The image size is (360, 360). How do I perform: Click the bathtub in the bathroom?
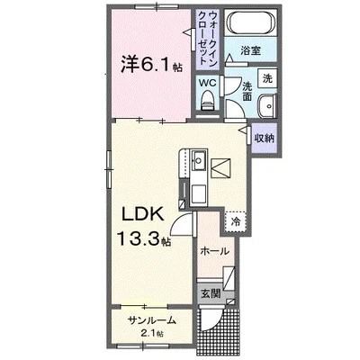251,22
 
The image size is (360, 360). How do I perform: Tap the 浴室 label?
250,50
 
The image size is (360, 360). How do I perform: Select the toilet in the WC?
207,101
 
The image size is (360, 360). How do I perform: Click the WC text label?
208,83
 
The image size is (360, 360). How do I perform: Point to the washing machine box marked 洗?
267,78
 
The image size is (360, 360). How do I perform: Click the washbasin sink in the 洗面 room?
267,106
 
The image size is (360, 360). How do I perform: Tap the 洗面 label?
247,92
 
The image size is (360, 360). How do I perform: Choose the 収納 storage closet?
265,139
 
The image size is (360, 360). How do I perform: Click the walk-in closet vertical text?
208,39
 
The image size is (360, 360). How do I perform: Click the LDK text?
142,214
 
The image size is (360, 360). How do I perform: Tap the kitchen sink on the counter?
199,160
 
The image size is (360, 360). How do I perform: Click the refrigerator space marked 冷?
236,222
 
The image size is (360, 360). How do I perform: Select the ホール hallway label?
214,251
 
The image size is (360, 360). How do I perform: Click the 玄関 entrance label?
211,293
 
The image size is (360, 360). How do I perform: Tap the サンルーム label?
151,320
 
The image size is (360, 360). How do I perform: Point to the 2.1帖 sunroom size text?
151,333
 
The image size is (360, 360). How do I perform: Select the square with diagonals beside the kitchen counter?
221,168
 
